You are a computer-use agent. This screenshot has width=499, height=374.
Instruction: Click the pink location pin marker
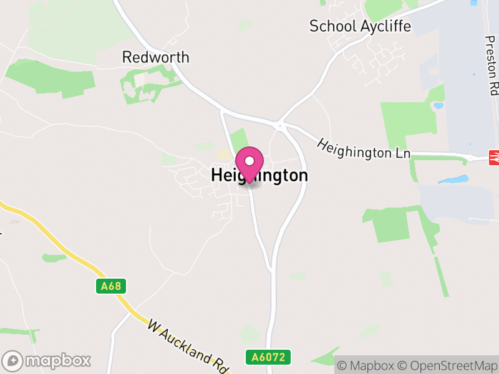pyautogui.click(x=249, y=163)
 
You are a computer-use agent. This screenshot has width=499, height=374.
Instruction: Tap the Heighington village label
pyautogui.click(x=259, y=176)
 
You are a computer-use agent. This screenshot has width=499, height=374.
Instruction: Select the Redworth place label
pyautogui.click(x=155, y=57)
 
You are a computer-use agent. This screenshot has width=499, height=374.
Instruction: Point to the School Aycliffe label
pyautogui.click(x=361, y=26)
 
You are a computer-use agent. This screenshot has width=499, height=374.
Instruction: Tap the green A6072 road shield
pyautogui.click(x=268, y=357)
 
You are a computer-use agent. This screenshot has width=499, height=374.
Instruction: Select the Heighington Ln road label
pyautogui.click(x=364, y=148)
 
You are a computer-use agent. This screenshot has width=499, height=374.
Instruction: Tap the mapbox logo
pyautogui.click(x=47, y=360)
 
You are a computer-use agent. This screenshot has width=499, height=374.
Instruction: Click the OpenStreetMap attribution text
pyautogui.click(x=447, y=365)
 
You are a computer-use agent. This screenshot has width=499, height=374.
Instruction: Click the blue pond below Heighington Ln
pyautogui.click(x=453, y=180)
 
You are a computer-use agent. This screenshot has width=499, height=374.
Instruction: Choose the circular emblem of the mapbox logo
pyautogui.click(x=13, y=360)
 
